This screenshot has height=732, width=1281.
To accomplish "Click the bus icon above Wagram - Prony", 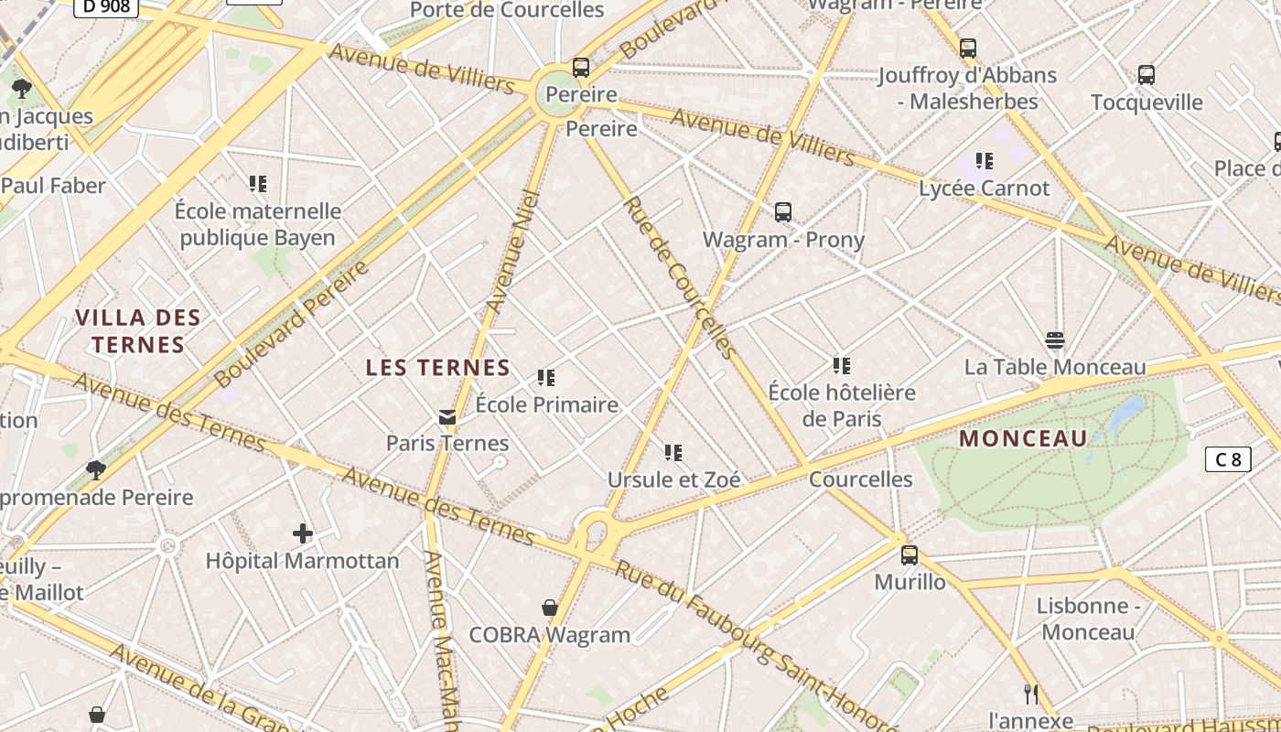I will pos(782,212).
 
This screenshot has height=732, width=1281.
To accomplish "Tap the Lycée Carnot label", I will pos(984,188).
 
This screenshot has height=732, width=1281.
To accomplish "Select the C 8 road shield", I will pos(1227,459).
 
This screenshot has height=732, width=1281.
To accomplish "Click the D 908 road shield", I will pos(105,6).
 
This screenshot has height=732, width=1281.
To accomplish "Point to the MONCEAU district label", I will pos(1023,438).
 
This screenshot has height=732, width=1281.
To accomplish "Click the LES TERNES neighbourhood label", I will pos(437,368).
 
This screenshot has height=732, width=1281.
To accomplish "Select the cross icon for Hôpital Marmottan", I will pos(303,533).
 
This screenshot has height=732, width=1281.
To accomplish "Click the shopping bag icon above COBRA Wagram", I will pos(550,608).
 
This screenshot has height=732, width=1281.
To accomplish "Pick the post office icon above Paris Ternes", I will pos(447,417).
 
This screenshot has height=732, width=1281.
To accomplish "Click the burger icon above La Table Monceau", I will pos(1055,341).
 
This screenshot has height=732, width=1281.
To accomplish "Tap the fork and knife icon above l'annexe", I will pos(1030,694).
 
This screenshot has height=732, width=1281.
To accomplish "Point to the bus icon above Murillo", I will pos(910,555).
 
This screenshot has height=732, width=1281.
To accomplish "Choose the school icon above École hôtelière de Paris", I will pos(842,366).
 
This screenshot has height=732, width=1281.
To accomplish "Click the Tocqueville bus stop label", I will pos(1146,102).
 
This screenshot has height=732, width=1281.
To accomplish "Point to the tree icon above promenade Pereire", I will pos(95,470).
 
